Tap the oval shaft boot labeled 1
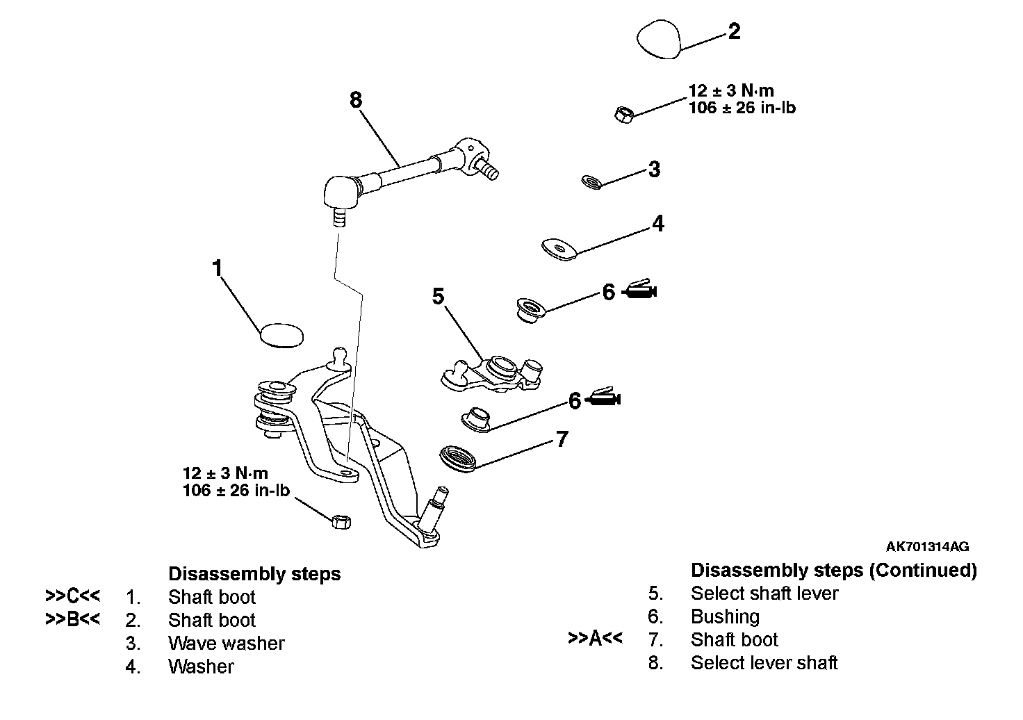click(281, 334)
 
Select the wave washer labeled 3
click(591, 182)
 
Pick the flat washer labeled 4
click(559, 249)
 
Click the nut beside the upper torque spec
click(623, 113)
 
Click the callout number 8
click(356, 100)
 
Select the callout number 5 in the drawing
click(438, 297)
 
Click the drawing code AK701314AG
click(927, 547)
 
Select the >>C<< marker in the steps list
click(72, 596)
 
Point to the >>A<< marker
click(595, 639)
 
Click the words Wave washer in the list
click(226, 644)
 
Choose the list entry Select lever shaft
click(764, 663)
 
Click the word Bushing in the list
click(725, 616)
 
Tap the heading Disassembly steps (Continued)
click(833, 571)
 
